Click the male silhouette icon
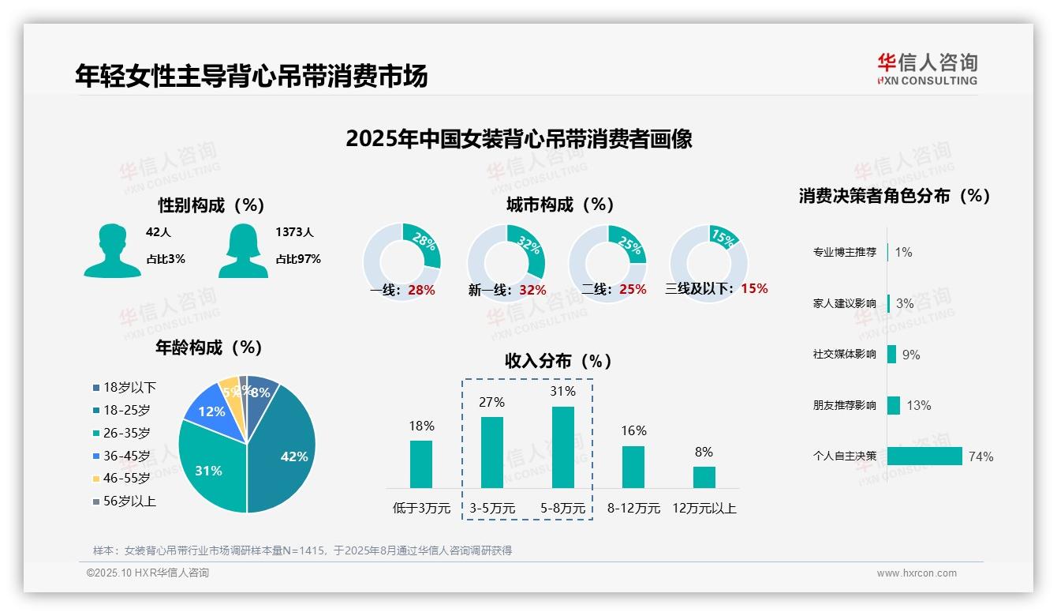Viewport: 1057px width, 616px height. pyautogui.click(x=112, y=250)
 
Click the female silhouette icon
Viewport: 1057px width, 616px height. pyautogui.click(x=243, y=250)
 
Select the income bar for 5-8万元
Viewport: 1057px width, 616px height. pyautogui.click(x=562, y=447)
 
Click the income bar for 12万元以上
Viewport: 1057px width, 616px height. pyautogui.click(x=704, y=477)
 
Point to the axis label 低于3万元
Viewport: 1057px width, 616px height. pyautogui.click(x=420, y=508)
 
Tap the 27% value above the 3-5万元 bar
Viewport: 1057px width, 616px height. pyautogui.click(x=491, y=402)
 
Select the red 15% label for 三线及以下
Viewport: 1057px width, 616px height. pyautogui.click(x=754, y=288)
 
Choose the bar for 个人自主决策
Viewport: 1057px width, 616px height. pyautogui.click(x=924, y=456)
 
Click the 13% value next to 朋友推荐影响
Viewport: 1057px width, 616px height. pyautogui.click(x=918, y=405)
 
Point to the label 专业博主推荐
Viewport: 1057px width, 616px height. pyautogui.click(x=844, y=253)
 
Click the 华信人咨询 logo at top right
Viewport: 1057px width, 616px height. pyautogui.click(x=927, y=69)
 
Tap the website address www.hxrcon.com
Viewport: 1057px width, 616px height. pyautogui.click(x=916, y=573)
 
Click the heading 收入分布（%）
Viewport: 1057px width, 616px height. pyautogui.click(x=558, y=361)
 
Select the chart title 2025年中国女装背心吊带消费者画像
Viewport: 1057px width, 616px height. pyautogui.click(x=518, y=139)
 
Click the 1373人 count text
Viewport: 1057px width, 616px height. pyautogui.click(x=294, y=232)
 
